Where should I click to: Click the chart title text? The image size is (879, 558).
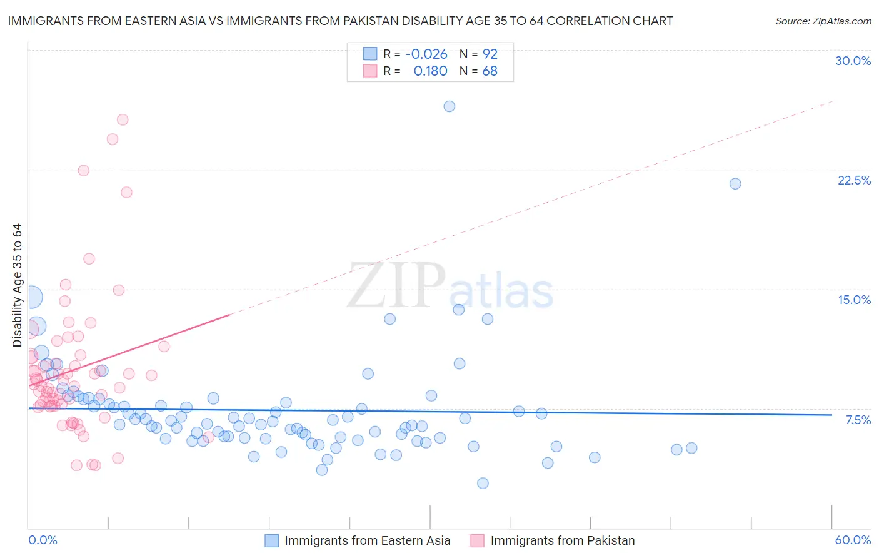[340, 21]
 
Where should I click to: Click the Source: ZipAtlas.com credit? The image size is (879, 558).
[823, 21]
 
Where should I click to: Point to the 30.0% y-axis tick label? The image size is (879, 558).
[853, 61]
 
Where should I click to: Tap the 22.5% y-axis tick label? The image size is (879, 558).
[854, 180]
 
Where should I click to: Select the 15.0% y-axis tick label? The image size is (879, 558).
[854, 300]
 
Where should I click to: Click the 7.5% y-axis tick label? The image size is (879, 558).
[858, 420]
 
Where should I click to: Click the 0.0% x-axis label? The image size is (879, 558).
[43, 540]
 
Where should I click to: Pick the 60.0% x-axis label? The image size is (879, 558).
[853, 540]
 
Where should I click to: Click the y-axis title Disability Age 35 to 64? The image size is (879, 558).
[17, 285]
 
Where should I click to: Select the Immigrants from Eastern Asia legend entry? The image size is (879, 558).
[367, 540]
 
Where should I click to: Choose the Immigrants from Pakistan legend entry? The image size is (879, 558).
[562, 540]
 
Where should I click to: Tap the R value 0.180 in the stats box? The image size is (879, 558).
[430, 71]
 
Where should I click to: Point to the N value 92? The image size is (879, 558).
[490, 54]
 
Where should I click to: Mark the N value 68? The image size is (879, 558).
[490, 71]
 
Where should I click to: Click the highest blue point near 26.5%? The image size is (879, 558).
[449, 106]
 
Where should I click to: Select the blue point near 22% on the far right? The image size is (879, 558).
[735, 183]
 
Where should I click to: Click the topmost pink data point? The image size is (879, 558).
[123, 119]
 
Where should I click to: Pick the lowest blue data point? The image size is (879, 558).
[483, 483]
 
